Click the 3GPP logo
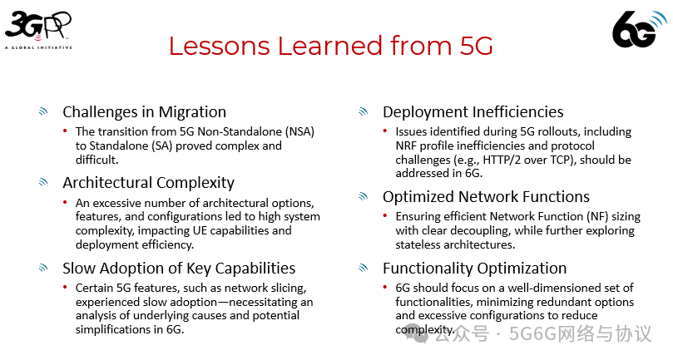[38, 30]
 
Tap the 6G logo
[640, 28]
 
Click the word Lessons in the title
[220, 46]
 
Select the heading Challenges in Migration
[144, 112]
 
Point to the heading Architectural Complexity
[149, 183]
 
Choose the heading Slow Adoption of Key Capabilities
[179, 269]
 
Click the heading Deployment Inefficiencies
[473, 112]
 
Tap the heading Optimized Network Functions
[487, 196]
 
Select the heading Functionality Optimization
[475, 269]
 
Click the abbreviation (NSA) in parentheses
[299, 131]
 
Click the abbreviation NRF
[406, 145]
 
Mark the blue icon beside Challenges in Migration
[43, 111]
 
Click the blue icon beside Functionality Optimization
[363, 268]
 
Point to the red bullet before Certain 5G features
[65, 287]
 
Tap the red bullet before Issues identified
[385, 131]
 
